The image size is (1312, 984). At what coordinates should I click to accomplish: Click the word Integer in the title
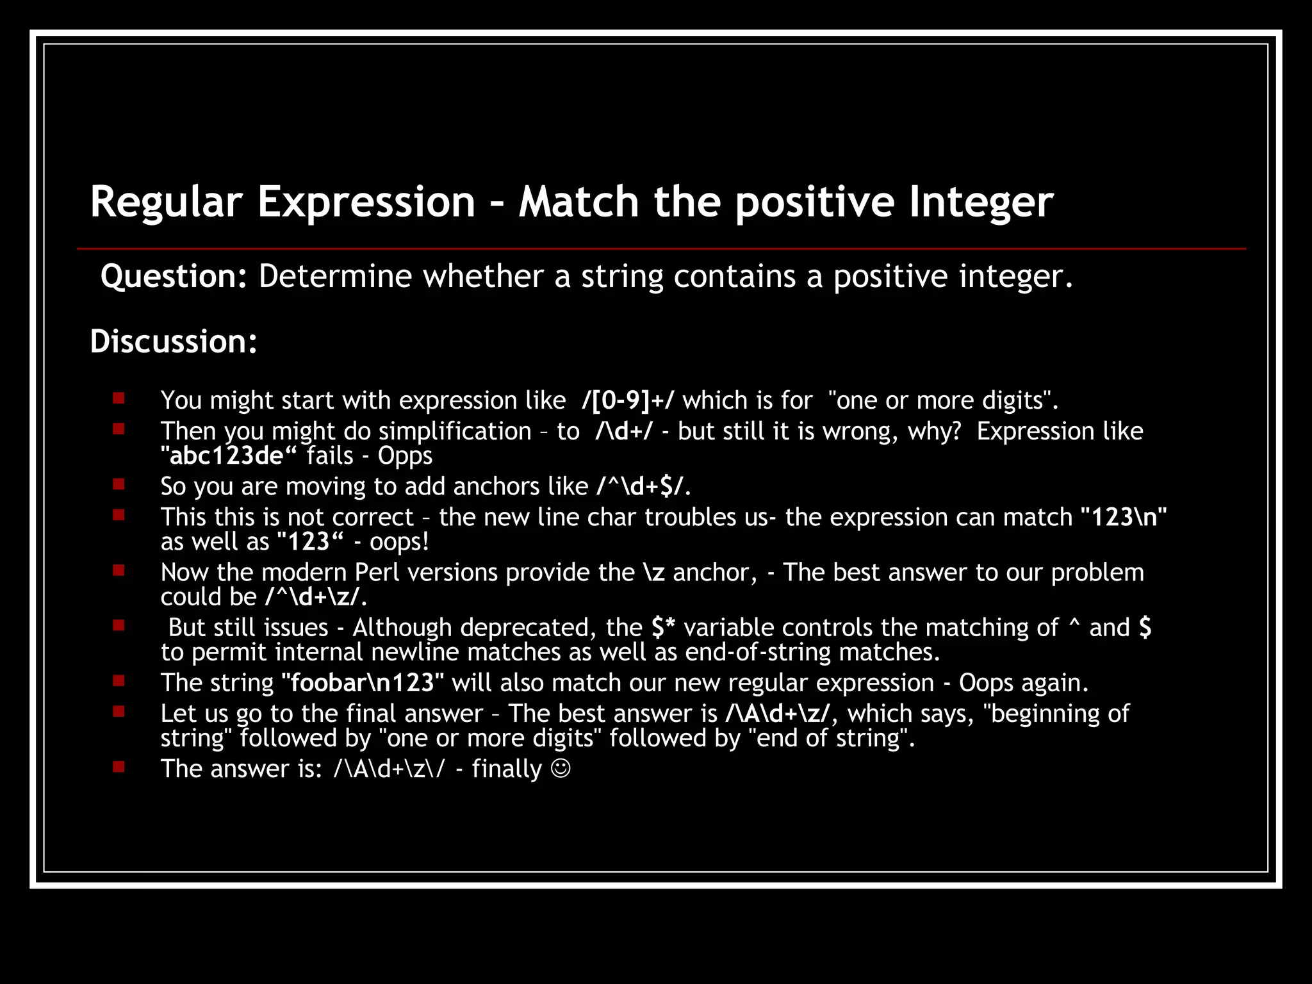point(981,202)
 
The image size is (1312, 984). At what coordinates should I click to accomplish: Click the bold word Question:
point(174,277)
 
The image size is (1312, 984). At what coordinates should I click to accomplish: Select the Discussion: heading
point(174,341)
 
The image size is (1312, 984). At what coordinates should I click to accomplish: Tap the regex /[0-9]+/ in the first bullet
point(628,400)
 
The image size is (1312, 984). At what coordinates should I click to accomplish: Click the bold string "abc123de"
point(229,455)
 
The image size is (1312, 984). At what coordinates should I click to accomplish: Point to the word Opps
point(405,455)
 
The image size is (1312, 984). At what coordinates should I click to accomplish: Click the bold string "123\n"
point(1124,518)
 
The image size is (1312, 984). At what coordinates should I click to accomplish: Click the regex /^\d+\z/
point(313,597)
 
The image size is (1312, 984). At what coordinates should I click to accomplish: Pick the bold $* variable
point(663,628)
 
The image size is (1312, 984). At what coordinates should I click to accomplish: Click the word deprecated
point(528,628)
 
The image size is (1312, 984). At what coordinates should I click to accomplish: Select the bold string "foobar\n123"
point(363,683)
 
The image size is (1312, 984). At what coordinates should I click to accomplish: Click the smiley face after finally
point(561,769)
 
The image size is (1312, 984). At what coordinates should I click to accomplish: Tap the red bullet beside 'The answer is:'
point(119,767)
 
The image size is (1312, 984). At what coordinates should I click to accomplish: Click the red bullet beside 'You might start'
point(119,398)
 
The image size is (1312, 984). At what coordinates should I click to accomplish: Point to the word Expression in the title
point(366,202)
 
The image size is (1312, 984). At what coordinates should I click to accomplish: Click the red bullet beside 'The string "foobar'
point(119,681)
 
